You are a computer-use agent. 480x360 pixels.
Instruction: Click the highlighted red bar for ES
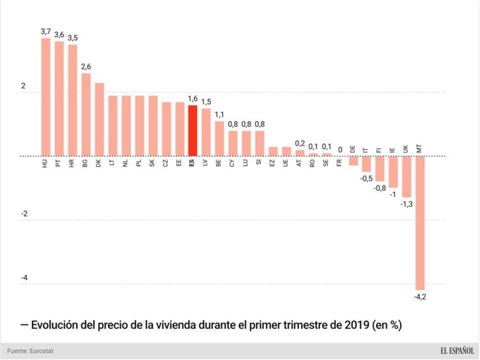(192, 130)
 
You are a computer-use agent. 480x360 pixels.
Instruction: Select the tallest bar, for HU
(46, 97)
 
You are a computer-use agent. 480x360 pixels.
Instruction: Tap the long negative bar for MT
(420, 223)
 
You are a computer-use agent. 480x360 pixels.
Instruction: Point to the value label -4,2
(420, 296)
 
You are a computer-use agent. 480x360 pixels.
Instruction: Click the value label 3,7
(46, 31)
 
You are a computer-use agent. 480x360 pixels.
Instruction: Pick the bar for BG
(86, 115)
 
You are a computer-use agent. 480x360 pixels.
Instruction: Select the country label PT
(58, 164)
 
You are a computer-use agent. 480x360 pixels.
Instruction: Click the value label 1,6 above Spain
(192, 98)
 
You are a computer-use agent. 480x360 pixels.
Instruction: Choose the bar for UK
(406, 177)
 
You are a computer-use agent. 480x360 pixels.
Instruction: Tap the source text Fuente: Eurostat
(31, 351)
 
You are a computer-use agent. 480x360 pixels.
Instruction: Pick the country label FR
(339, 164)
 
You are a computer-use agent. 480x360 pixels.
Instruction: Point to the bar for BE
(219, 139)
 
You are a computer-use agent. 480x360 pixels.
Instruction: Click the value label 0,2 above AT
(300, 143)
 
